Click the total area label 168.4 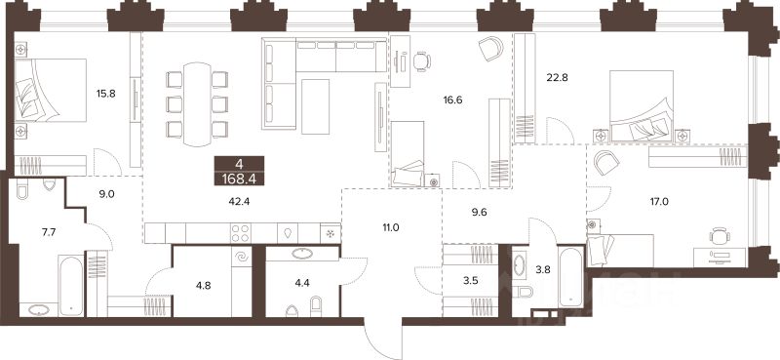point(239,178)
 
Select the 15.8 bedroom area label point(106,93)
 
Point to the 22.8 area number point(558,77)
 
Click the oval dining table point(197,104)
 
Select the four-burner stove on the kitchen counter point(241,232)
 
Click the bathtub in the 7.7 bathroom point(70,285)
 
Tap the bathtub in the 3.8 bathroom point(570,276)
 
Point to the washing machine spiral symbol point(242,257)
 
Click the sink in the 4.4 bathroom point(302,254)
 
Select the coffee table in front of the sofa point(315,106)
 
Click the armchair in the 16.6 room point(491,49)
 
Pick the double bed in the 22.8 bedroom point(642,106)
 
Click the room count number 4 point(239,163)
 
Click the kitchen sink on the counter point(289,233)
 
